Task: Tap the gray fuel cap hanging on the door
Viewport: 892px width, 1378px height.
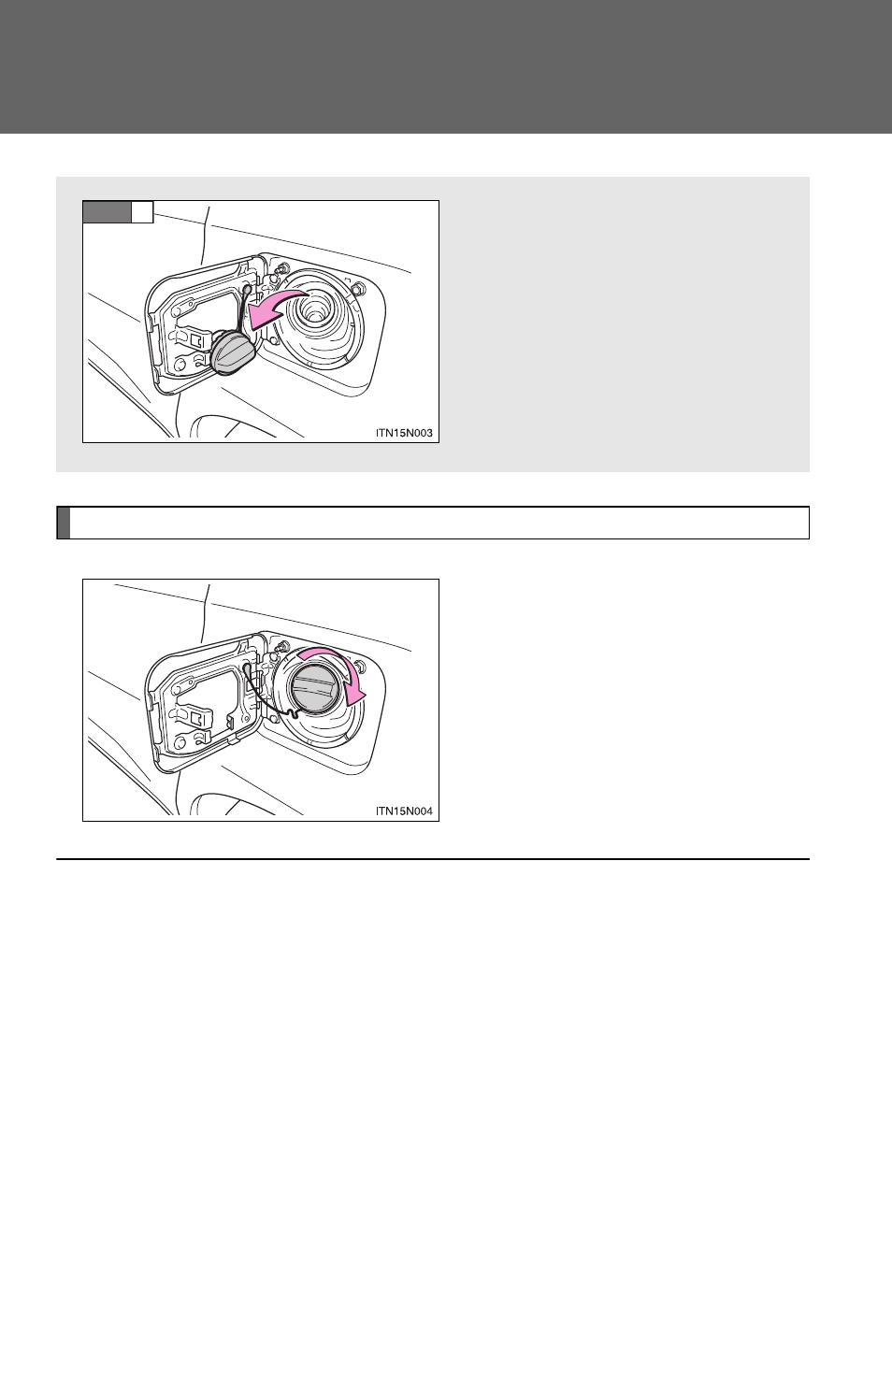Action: (x=233, y=352)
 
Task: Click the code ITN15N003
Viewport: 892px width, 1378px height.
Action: (x=404, y=433)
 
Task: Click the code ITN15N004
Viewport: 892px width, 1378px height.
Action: (x=404, y=811)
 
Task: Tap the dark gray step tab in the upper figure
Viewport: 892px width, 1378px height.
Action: (x=107, y=211)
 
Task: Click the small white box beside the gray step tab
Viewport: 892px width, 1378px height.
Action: (x=142, y=211)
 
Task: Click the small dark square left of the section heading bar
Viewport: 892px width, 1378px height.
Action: (x=64, y=523)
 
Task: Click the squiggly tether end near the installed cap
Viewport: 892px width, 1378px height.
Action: (x=294, y=713)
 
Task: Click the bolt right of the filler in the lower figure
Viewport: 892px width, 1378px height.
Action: (x=359, y=665)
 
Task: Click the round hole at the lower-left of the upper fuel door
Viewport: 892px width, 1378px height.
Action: (x=180, y=365)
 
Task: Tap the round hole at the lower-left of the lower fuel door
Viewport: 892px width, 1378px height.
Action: (x=180, y=743)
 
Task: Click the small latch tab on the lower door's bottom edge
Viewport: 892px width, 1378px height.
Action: (x=233, y=740)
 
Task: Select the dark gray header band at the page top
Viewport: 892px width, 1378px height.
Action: (x=446, y=66)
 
